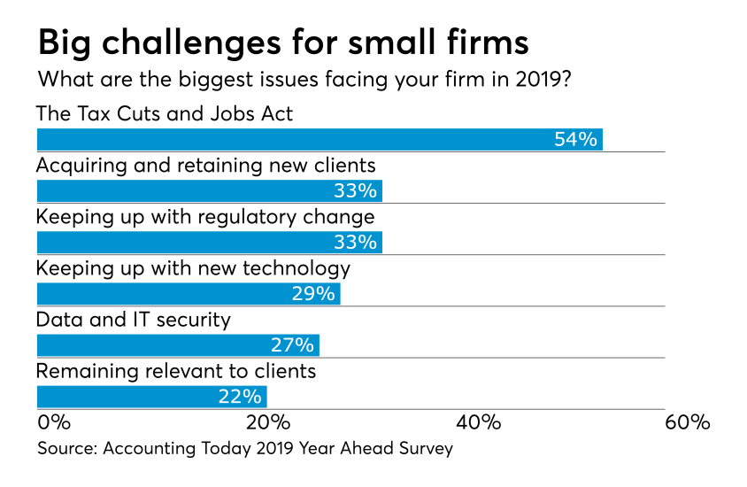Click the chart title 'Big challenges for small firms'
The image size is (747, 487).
(x=283, y=41)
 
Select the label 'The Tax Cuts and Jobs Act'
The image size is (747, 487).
(x=164, y=113)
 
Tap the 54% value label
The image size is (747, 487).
(x=576, y=139)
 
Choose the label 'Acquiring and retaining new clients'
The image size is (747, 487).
(x=205, y=165)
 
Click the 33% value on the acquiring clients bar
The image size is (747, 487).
(x=356, y=190)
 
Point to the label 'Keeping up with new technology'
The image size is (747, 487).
(x=193, y=267)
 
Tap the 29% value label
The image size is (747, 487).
(x=314, y=293)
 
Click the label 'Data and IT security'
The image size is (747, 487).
(x=133, y=320)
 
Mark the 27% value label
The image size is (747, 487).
(x=293, y=345)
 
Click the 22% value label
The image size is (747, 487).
(x=240, y=396)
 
